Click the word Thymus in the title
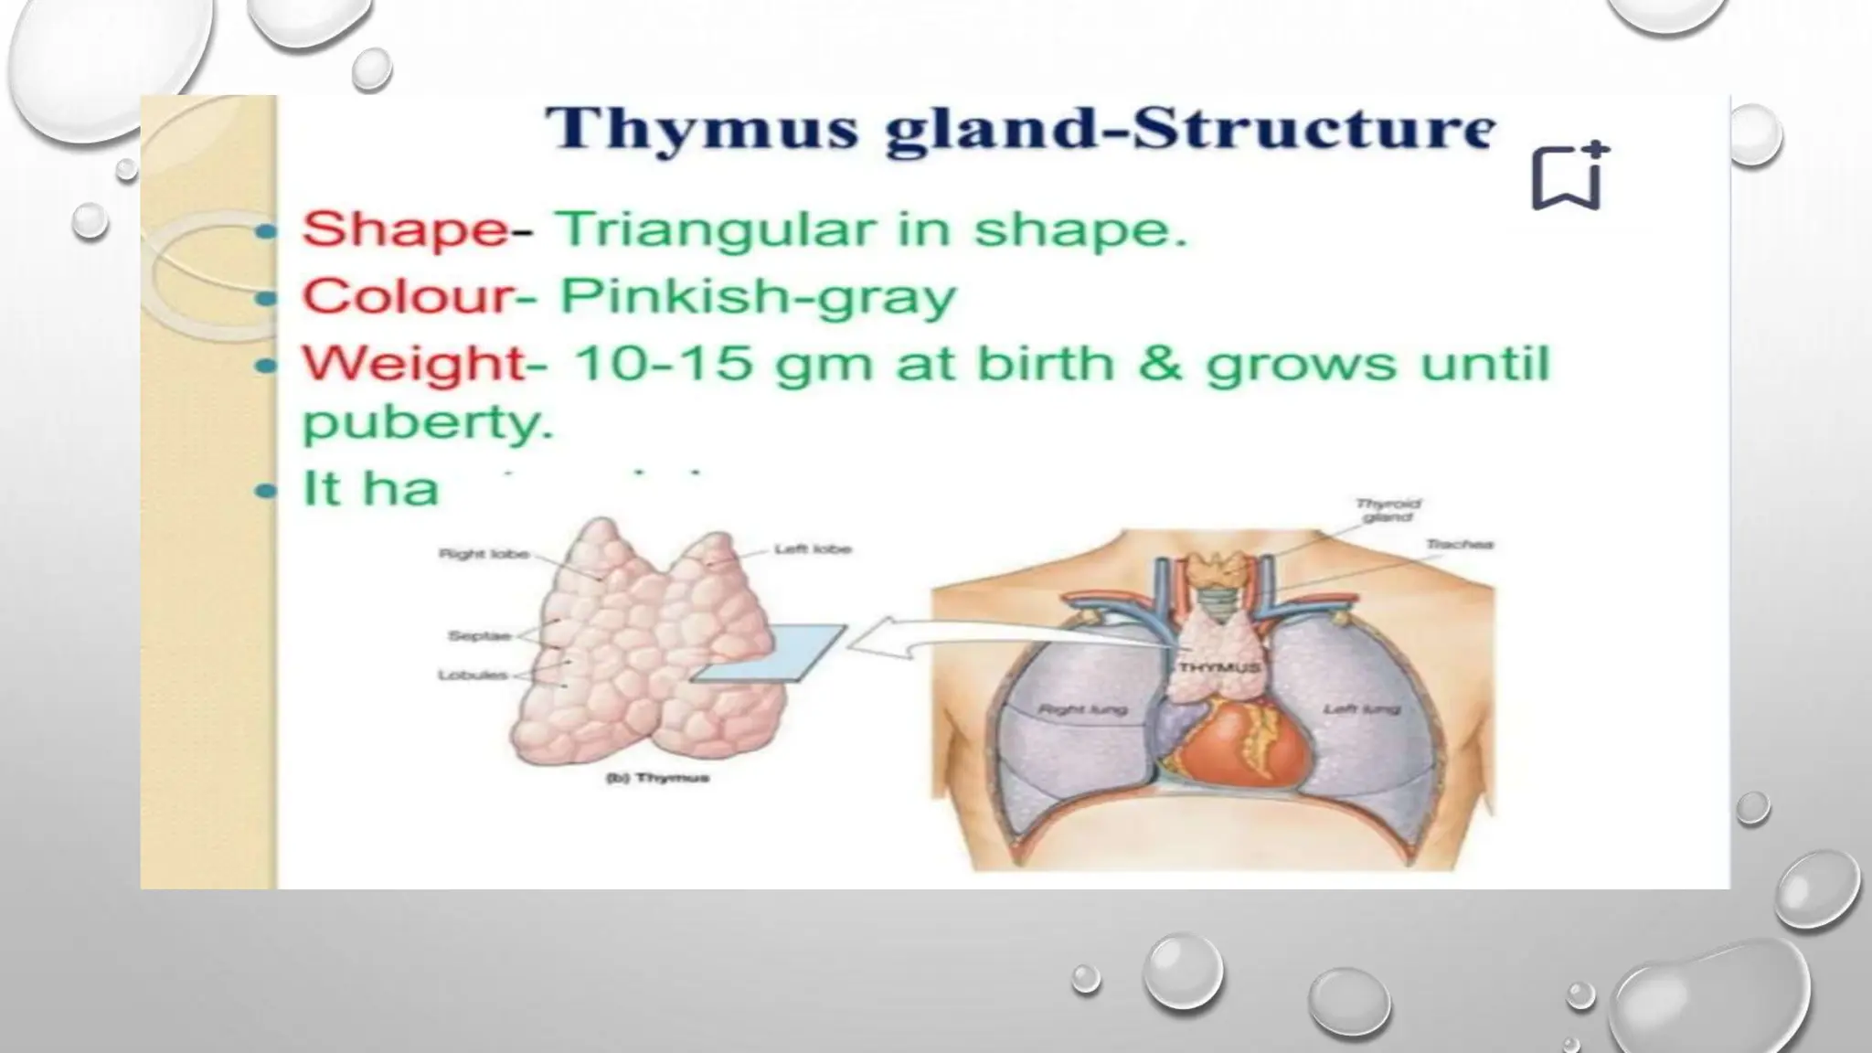click(x=701, y=129)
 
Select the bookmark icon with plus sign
click(x=1569, y=175)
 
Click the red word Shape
click(x=405, y=228)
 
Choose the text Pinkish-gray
click(x=758, y=296)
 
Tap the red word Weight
click(x=414, y=363)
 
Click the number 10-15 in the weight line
click(x=664, y=363)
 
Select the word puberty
click(x=428, y=421)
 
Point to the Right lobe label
click(x=484, y=554)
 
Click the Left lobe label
click(x=812, y=549)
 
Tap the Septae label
click(x=479, y=636)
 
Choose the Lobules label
click(x=473, y=675)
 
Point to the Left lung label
click(x=1361, y=709)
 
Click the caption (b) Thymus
click(x=657, y=778)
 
